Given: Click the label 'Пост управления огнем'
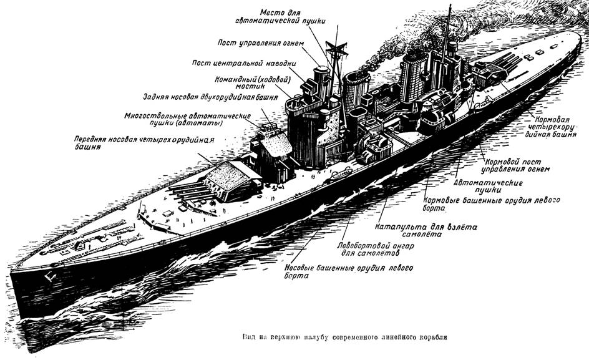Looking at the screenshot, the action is (260, 42).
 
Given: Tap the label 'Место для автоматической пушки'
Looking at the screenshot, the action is (280, 17).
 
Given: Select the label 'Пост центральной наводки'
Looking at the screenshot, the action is (244, 63).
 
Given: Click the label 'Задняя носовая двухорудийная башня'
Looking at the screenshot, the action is (210, 97).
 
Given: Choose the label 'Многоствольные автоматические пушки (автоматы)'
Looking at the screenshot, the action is (187, 119).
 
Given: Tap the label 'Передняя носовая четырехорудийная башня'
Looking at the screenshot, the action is (144, 143).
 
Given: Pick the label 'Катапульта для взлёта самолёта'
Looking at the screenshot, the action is (426, 231).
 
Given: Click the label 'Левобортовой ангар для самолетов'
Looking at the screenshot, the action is (375, 250).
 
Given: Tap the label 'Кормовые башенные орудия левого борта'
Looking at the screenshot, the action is (491, 203).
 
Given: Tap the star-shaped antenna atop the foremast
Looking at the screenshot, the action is (336, 49).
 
